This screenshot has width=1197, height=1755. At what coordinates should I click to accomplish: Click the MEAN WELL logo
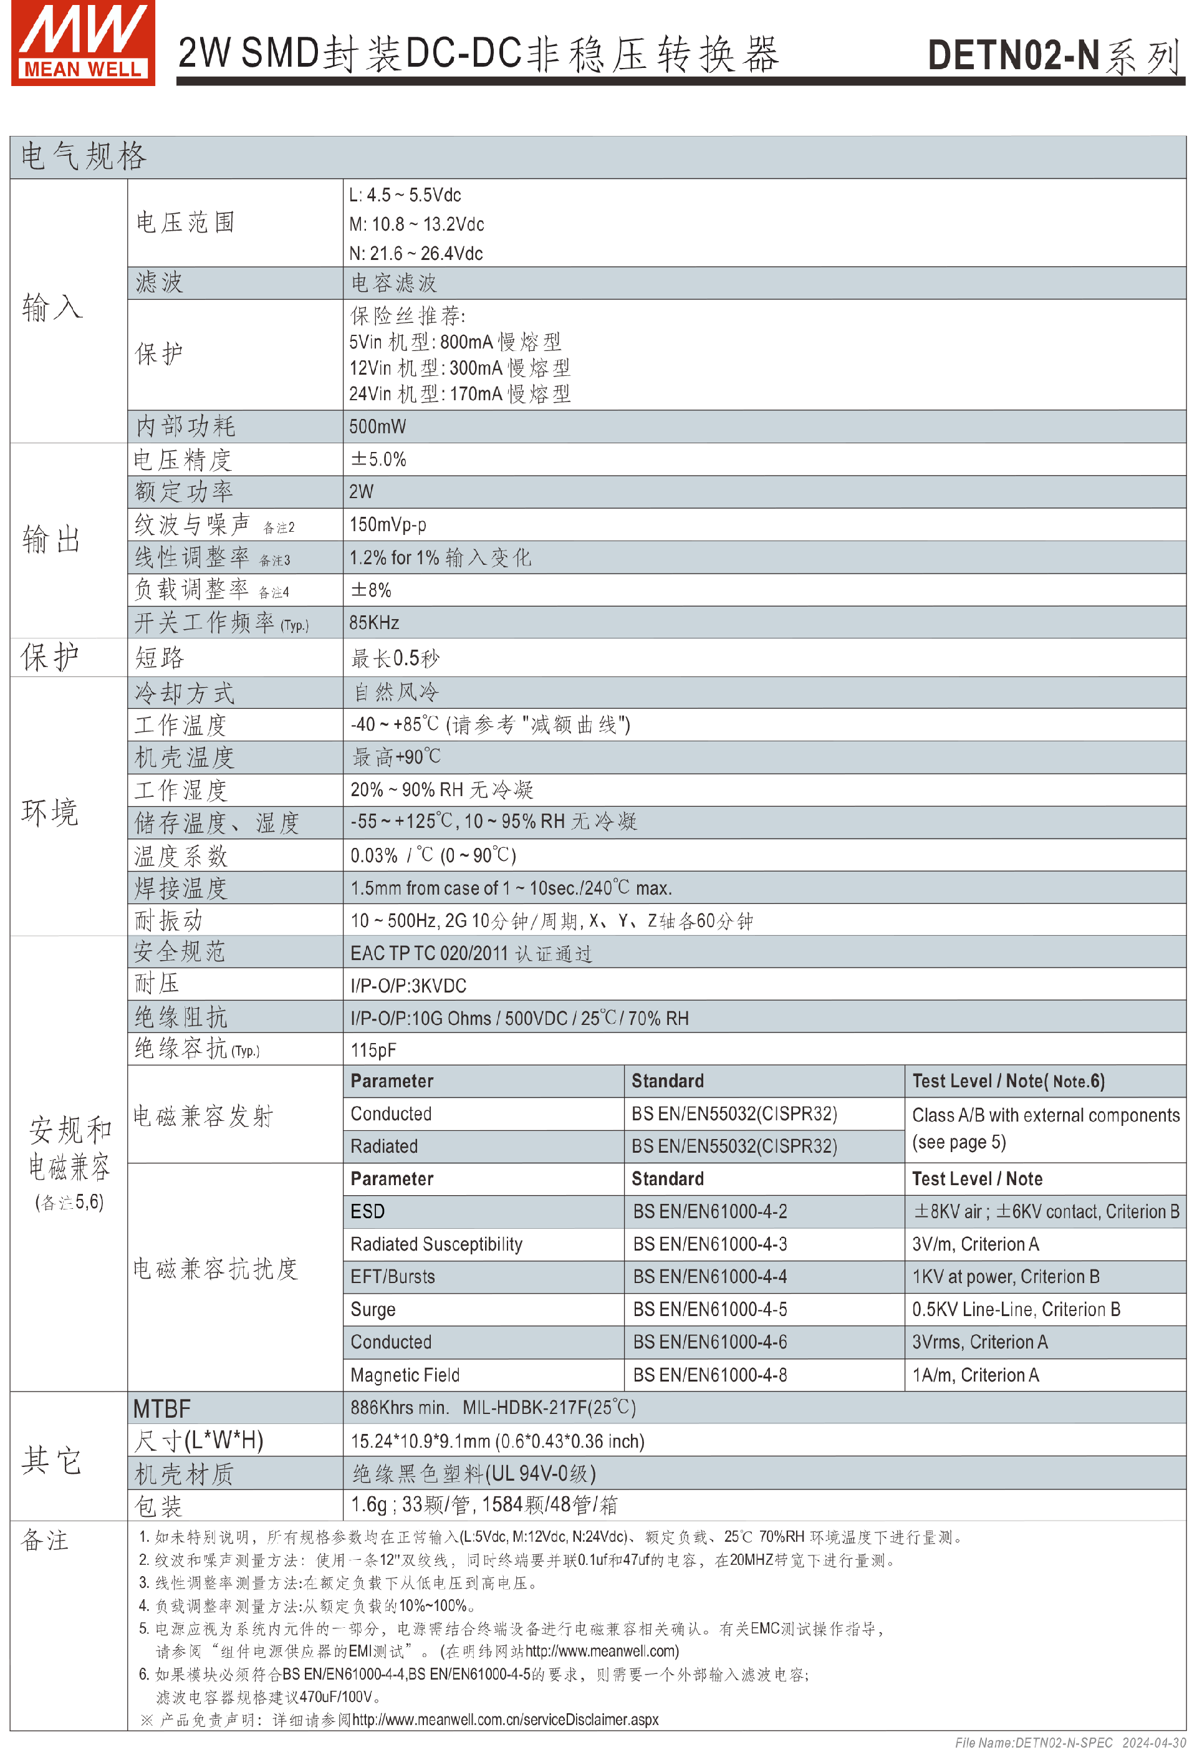83,43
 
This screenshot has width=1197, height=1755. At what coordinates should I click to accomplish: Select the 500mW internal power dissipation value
378,426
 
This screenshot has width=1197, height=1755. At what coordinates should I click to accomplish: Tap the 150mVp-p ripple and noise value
387,525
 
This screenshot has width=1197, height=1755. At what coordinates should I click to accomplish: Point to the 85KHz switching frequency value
374,623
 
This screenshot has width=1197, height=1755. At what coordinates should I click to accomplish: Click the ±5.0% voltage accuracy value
378,459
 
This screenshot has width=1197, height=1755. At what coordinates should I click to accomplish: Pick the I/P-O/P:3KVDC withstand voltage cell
408,986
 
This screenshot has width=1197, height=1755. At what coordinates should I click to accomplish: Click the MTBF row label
161,1409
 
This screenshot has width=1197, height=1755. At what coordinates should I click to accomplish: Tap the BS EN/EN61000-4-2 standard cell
710,1212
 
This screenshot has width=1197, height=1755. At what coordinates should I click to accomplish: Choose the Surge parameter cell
373,1309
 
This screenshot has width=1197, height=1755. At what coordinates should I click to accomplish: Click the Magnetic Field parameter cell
405,1375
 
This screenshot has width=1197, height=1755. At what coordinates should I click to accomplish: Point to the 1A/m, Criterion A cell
975,1375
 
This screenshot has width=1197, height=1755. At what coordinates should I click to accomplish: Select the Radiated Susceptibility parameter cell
436,1244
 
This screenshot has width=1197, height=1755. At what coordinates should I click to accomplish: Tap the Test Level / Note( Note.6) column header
1008,1082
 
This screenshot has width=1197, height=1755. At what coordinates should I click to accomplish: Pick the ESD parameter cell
368,1212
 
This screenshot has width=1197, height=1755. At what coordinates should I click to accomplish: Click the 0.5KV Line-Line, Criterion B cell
1016,1309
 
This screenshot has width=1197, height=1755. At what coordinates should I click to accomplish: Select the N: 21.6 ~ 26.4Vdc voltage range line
416,254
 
